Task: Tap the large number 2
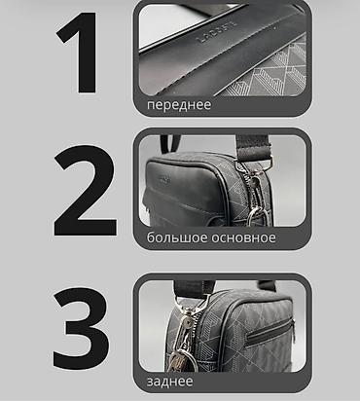(85, 191)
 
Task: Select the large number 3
(81, 328)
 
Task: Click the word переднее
(179, 105)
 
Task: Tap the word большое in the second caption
(177, 237)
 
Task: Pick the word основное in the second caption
(243, 237)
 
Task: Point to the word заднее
(169, 382)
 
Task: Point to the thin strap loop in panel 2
(169, 143)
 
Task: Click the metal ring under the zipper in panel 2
(257, 217)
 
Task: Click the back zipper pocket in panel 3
(270, 333)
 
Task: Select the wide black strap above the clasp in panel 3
(194, 288)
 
